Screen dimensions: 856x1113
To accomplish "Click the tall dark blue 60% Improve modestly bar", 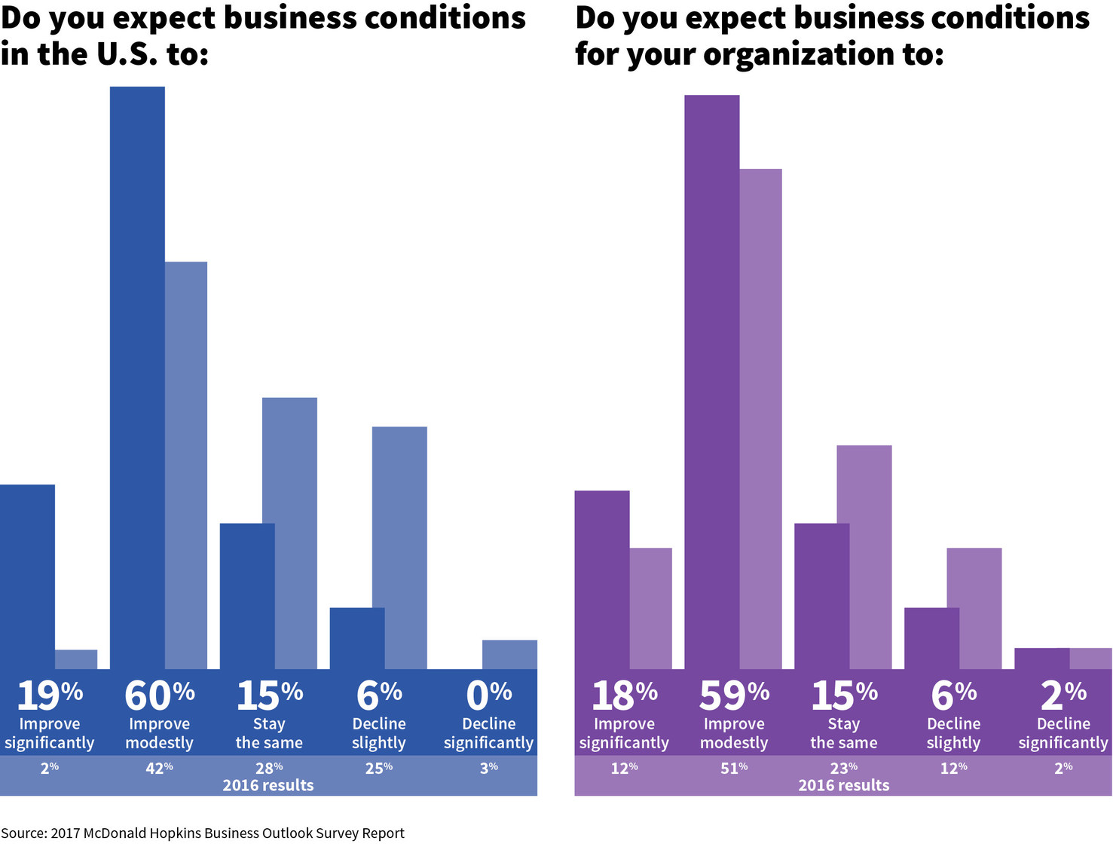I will (137, 377).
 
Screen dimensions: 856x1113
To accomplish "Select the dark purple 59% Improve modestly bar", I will (711, 381).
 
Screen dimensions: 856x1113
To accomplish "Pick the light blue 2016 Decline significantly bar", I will (509, 654).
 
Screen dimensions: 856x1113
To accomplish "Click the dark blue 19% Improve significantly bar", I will (27, 576).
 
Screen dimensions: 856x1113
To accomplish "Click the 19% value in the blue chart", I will (49, 695).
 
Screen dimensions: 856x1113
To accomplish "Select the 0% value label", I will (488, 695).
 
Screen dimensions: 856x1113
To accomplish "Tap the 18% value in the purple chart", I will (624, 695).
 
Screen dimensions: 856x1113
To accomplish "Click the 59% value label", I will (734, 695).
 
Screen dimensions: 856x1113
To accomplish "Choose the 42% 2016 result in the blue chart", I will (159, 767).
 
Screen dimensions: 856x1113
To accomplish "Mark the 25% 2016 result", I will (379, 767).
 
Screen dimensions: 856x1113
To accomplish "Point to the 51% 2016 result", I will (734, 767).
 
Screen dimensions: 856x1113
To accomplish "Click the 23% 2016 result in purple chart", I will (844, 767).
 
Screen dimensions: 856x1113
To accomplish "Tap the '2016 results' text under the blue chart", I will (268, 785).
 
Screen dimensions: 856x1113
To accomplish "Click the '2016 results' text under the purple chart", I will (843, 785).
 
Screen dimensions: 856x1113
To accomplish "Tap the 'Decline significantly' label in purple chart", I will (1063, 733).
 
